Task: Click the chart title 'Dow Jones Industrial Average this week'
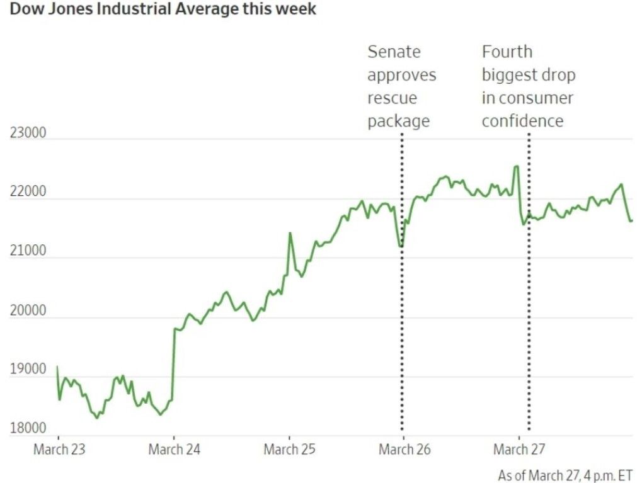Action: click(x=163, y=10)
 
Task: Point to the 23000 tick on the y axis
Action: click(x=28, y=133)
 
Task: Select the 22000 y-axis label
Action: click(x=28, y=192)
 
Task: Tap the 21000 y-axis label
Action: click(x=28, y=251)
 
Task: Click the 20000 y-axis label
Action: click(x=28, y=310)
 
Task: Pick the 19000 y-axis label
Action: click(x=28, y=370)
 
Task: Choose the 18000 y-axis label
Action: click(x=28, y=429)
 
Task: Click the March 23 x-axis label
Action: click(x=59, y=450)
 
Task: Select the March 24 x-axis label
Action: click(x=175, y=450)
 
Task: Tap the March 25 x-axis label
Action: click(x=290, y=450)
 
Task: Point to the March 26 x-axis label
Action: click(x=405, y=450)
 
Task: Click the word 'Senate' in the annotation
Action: click(x=394, y=52)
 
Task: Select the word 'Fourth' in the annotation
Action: click(x=507, y=52)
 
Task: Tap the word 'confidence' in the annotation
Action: click(x=522, y=121)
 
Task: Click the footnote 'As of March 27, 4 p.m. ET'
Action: click(x=565, y=475)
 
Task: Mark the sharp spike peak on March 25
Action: click(x=290, y=233)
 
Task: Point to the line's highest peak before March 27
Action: click(x=516, y=166)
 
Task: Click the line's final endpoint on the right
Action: click(x=631, y=220)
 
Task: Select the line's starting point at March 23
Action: click(x=57, y=367)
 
